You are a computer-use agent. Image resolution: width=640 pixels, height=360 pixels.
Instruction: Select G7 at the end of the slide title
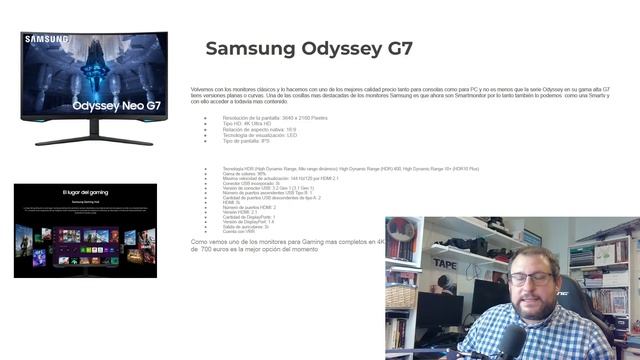397,49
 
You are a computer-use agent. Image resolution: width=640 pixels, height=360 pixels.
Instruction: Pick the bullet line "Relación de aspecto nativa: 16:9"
258,129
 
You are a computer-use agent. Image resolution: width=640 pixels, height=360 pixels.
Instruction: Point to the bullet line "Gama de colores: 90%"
244,174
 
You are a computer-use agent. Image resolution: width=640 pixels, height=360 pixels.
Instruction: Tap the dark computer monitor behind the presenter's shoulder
440,315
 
